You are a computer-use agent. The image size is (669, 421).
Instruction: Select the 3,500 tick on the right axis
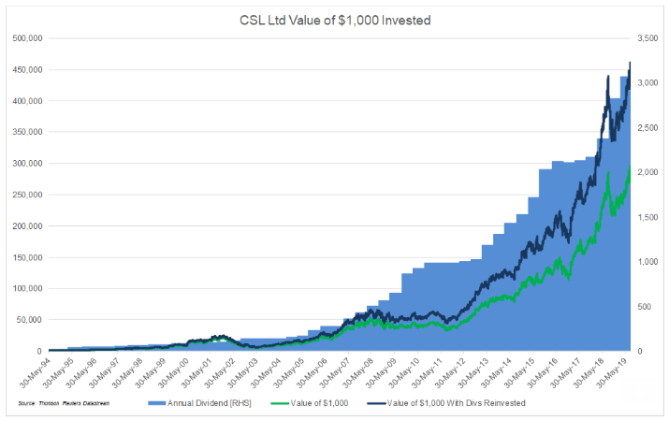point(648,38)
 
